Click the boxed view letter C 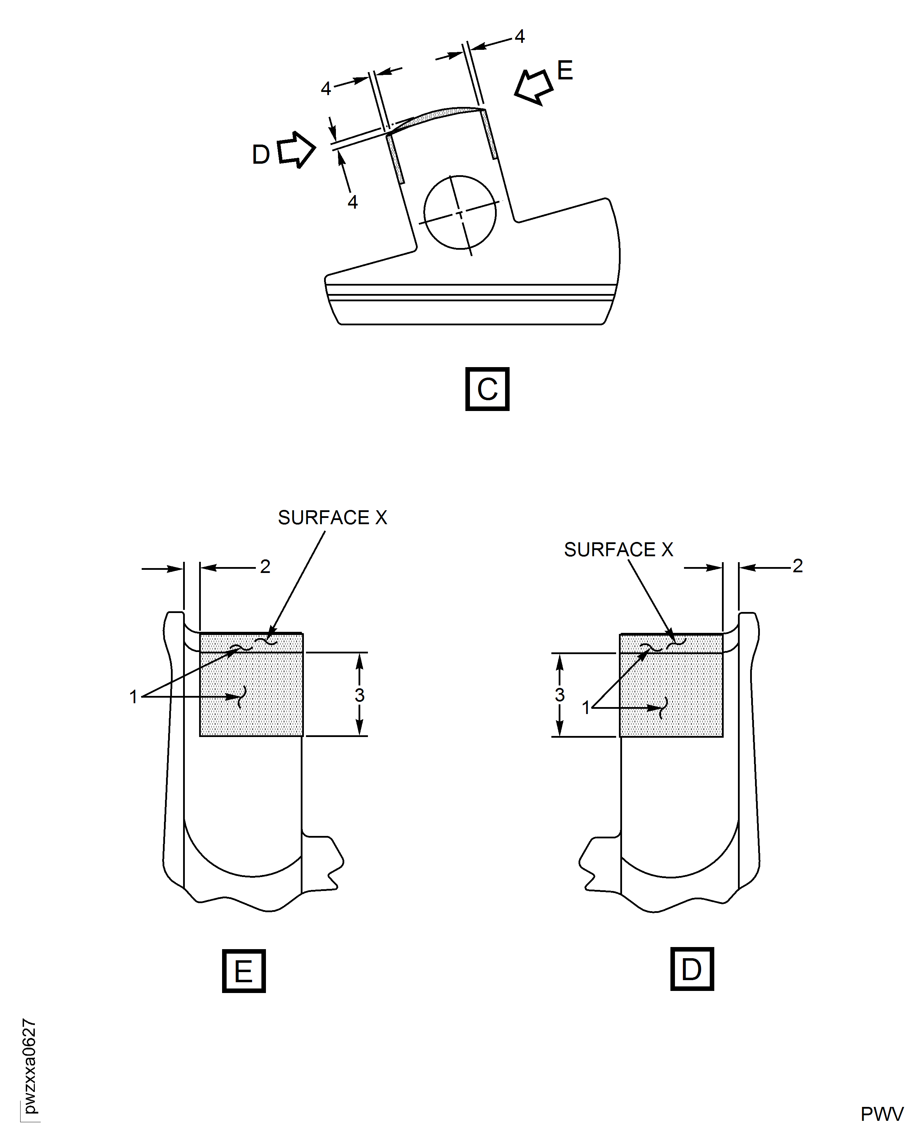tap(487, 389)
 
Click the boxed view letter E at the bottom tap(243, 971)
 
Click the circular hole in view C tap(460, 212)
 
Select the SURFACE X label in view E tap(332, 518)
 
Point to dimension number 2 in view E tap(265, 566)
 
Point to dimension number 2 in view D tap(797, 566)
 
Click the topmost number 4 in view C tap(519, 36)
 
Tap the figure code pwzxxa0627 tap(30, 1066)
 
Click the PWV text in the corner tap(881, 1114)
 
